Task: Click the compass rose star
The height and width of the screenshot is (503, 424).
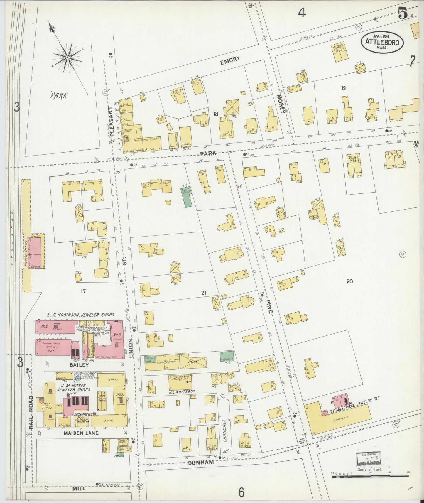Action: (x=67, y=58)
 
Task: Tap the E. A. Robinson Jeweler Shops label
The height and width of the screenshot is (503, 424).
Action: (x=80, y=315)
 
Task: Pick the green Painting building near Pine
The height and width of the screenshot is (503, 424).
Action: (x=227, y=356)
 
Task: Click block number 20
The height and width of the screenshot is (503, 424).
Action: (x=349, y=281)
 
